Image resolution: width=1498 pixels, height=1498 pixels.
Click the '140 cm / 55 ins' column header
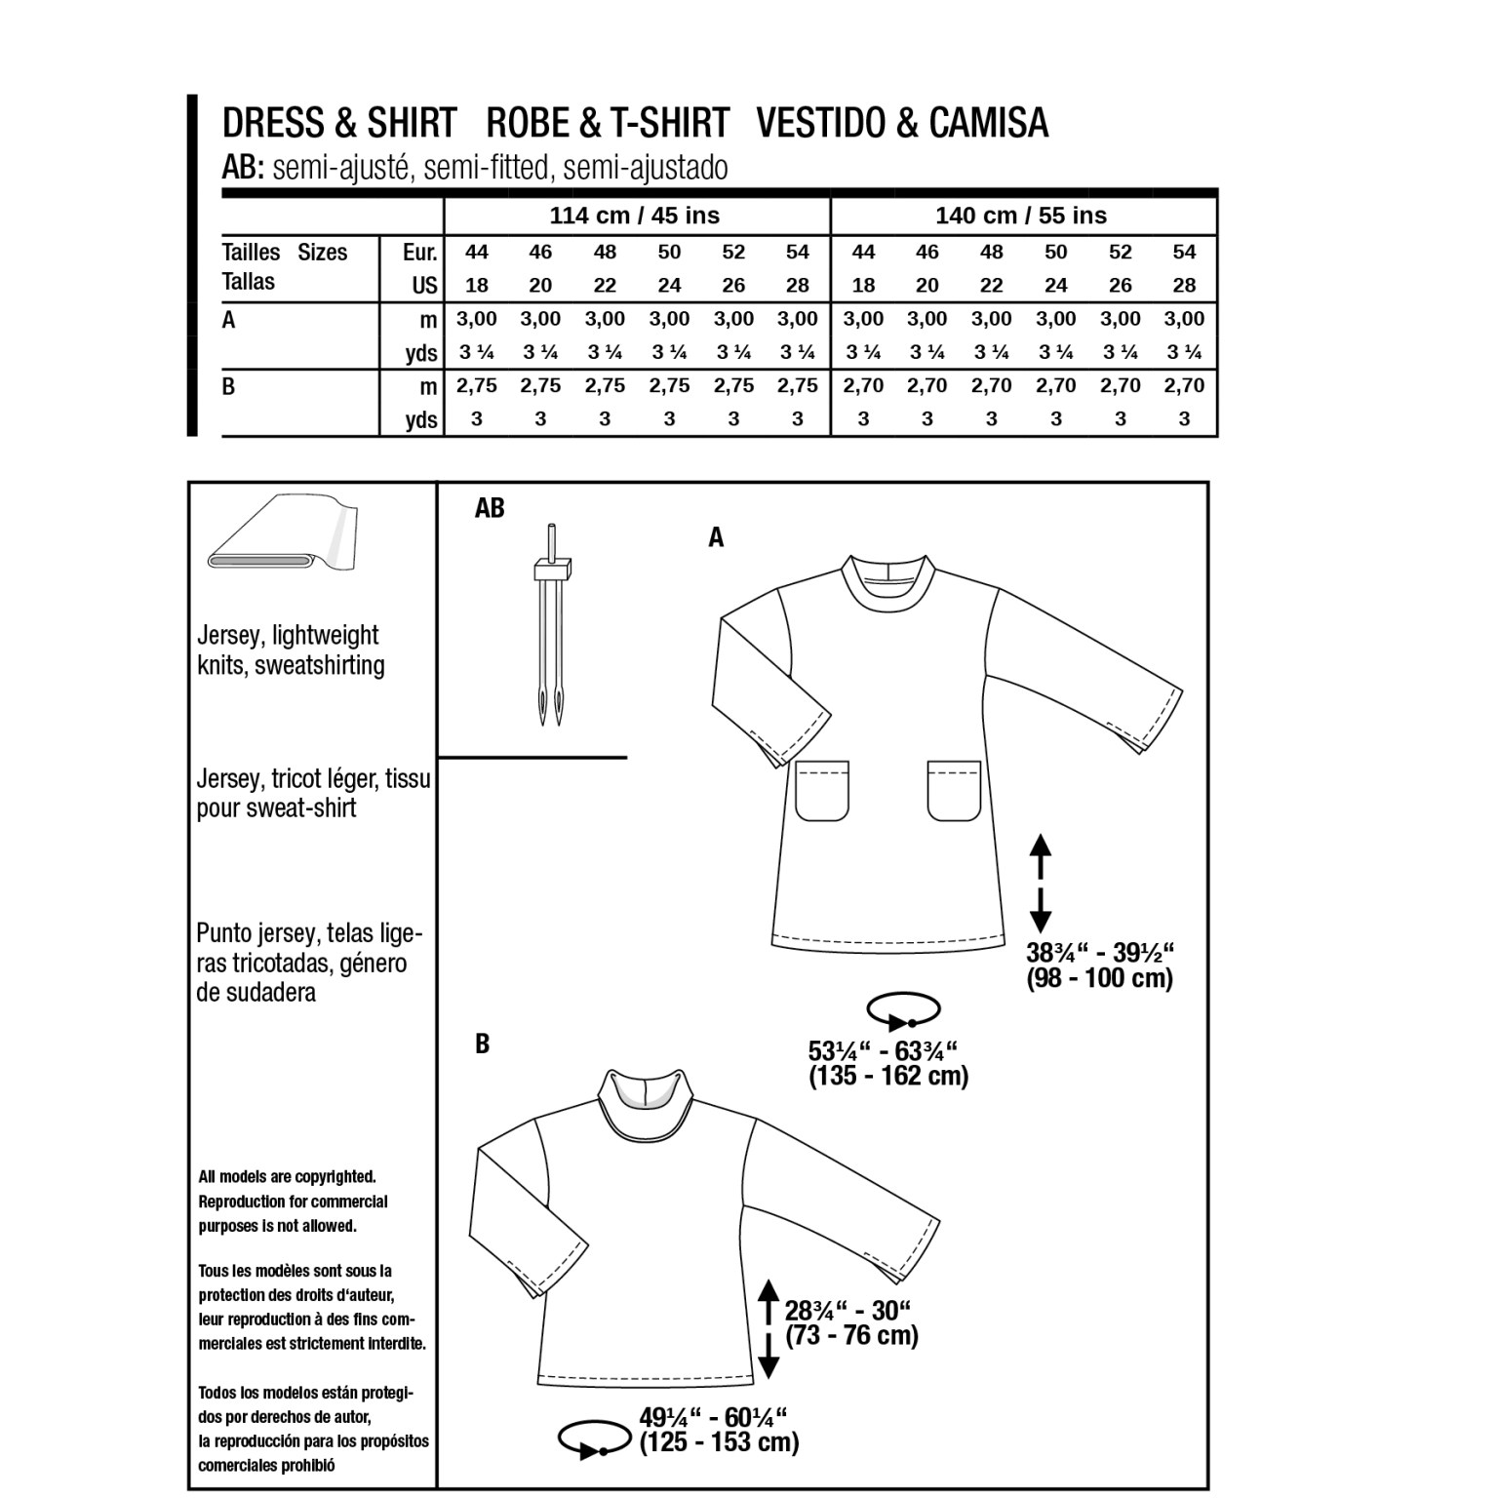point(1021,216)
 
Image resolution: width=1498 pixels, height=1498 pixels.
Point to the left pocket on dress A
point(823,791)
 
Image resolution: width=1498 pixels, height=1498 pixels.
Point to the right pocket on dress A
point(954,791)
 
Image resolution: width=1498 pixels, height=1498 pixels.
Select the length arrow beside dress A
point(1040,884)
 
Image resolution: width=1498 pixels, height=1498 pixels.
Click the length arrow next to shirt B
point(769,1328)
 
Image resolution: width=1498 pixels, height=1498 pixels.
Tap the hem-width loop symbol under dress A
point(904,1011)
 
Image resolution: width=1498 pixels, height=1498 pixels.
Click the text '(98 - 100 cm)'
point(1099,978)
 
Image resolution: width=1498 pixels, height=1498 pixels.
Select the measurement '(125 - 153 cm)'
point(719,1442)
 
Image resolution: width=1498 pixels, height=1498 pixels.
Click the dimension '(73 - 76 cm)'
point(851,1335)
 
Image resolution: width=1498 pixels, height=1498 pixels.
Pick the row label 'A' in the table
point(229,320)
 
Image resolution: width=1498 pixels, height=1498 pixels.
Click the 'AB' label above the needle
point(490,508)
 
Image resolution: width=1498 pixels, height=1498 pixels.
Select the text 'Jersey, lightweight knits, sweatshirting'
point(290,650)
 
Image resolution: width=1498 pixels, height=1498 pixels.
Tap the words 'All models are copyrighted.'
point(287,1177)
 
